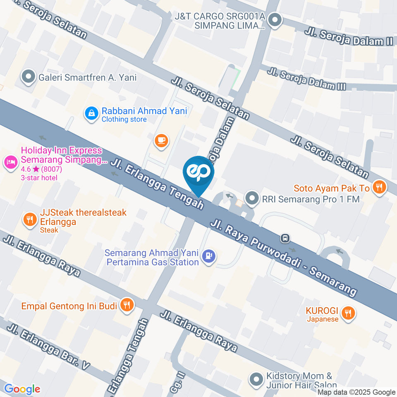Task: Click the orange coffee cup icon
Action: pos(161,141)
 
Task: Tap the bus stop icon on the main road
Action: pos(285,238)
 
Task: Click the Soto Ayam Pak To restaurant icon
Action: pos(379,187)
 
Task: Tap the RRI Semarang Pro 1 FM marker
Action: pos(251,199)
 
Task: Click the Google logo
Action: pos(22,389)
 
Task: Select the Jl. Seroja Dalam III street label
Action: pos(306,79)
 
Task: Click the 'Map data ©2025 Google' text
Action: pos(356,392)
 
